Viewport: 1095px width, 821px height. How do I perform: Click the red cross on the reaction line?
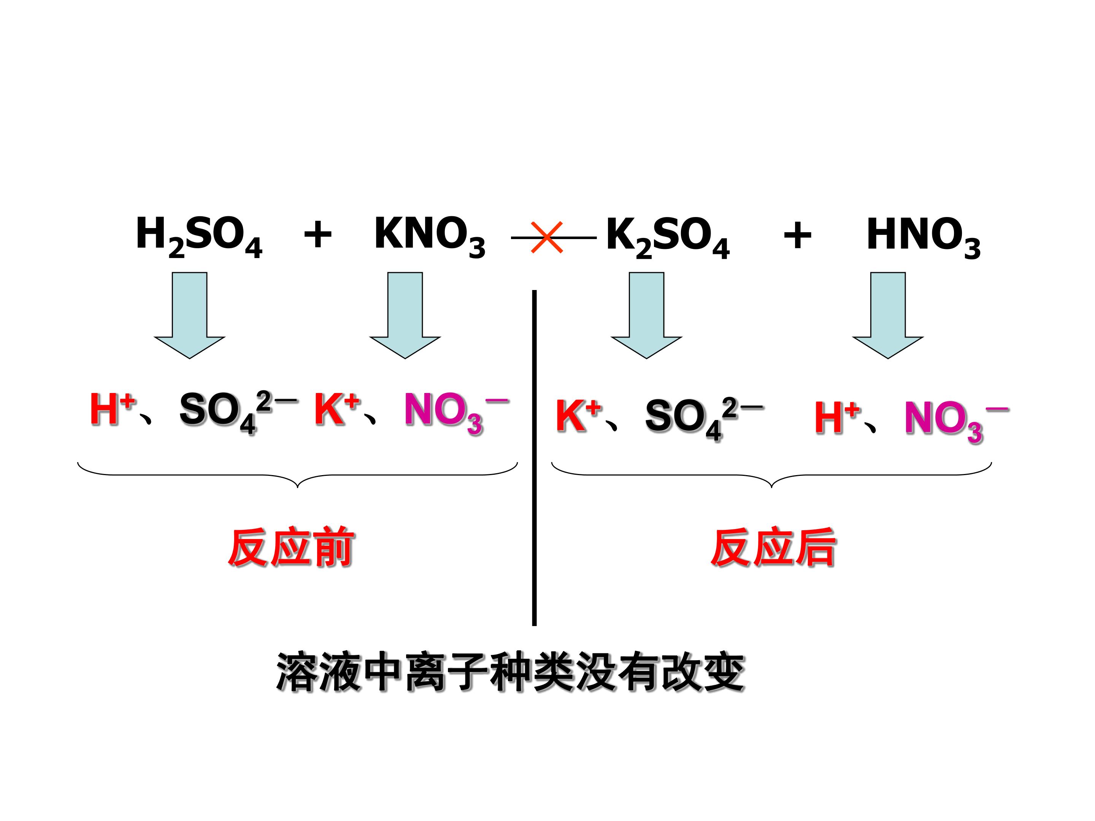[x=546, y=238]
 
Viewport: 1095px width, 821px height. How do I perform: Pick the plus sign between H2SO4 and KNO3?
[x=317, y=235]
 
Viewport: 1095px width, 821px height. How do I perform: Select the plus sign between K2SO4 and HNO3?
[x=797, y=235]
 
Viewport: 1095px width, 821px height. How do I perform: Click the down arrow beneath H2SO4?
[x=190, y=315]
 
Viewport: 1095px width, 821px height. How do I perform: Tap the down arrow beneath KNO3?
[x=405, y=315]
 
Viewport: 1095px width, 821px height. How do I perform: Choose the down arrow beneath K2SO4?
[x=646, y=315]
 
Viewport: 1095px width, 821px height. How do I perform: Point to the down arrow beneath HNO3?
[x=887, y=315]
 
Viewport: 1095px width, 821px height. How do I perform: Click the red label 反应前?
[x=291, y=547]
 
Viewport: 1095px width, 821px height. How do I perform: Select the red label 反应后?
[x=774, y=547]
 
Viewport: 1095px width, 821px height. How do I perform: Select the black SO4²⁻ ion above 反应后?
[x=705, y=418]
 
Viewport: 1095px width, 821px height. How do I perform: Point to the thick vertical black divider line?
[x=534, y=458]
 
